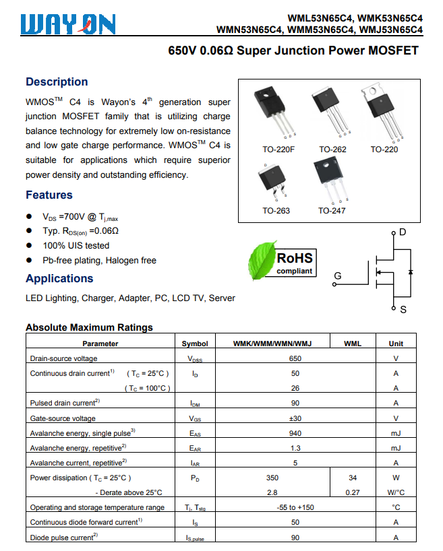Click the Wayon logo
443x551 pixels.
[x=67, y=24]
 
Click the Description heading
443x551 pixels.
[x=57, y=82]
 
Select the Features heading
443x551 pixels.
[x=49, y=195]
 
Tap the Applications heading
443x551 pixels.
[x=59, y=279]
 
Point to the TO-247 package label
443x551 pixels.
[x=332, y=211]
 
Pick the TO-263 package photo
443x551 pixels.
[x=274, y=181]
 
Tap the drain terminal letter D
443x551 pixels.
[x=403, y=232]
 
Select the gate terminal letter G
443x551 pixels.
[x=338, y=275]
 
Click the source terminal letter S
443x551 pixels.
[x=403, y=310]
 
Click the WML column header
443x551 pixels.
[x=353, y=344]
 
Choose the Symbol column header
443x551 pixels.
[x=195, y=344]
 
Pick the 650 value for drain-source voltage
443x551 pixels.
[x=295, y=359]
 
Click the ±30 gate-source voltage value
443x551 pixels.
[x=295, y=418]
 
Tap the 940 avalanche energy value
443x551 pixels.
[x=295, y=433]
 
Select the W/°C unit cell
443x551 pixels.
[x=396, y=492]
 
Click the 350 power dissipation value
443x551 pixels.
[x=272, y=478]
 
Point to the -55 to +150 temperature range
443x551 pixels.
[x=295, y=507]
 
